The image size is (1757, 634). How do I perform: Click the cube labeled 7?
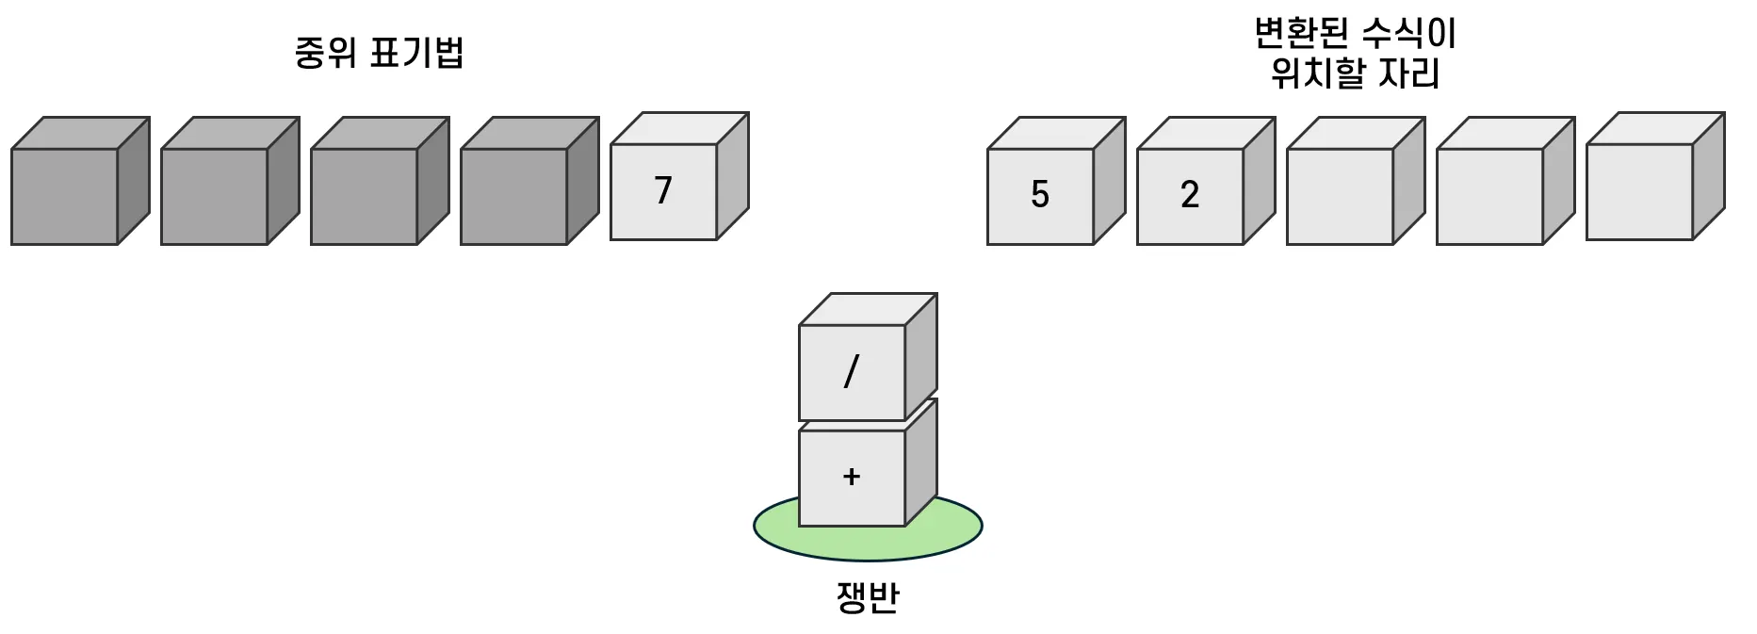664,191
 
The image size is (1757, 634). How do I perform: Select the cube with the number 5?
1040,196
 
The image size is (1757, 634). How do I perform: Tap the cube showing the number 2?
1190,196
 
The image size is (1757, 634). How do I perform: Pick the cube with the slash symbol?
852,372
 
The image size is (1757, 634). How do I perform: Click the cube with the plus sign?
852,477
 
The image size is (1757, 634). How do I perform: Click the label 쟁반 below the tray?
868,597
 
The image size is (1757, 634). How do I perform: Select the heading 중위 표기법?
379,53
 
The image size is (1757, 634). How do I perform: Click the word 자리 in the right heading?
1409,73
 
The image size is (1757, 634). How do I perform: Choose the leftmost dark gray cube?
64,196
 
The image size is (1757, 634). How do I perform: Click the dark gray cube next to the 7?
513,196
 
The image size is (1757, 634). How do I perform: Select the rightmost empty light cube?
1639,191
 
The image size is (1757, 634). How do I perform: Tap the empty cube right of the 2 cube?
1340,196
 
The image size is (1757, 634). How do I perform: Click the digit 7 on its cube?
663,190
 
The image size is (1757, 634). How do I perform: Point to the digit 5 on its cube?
1040,195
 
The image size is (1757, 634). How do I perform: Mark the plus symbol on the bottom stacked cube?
852,477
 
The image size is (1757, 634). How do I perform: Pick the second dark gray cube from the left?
214,196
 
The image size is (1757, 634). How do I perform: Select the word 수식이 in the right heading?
1409,34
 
